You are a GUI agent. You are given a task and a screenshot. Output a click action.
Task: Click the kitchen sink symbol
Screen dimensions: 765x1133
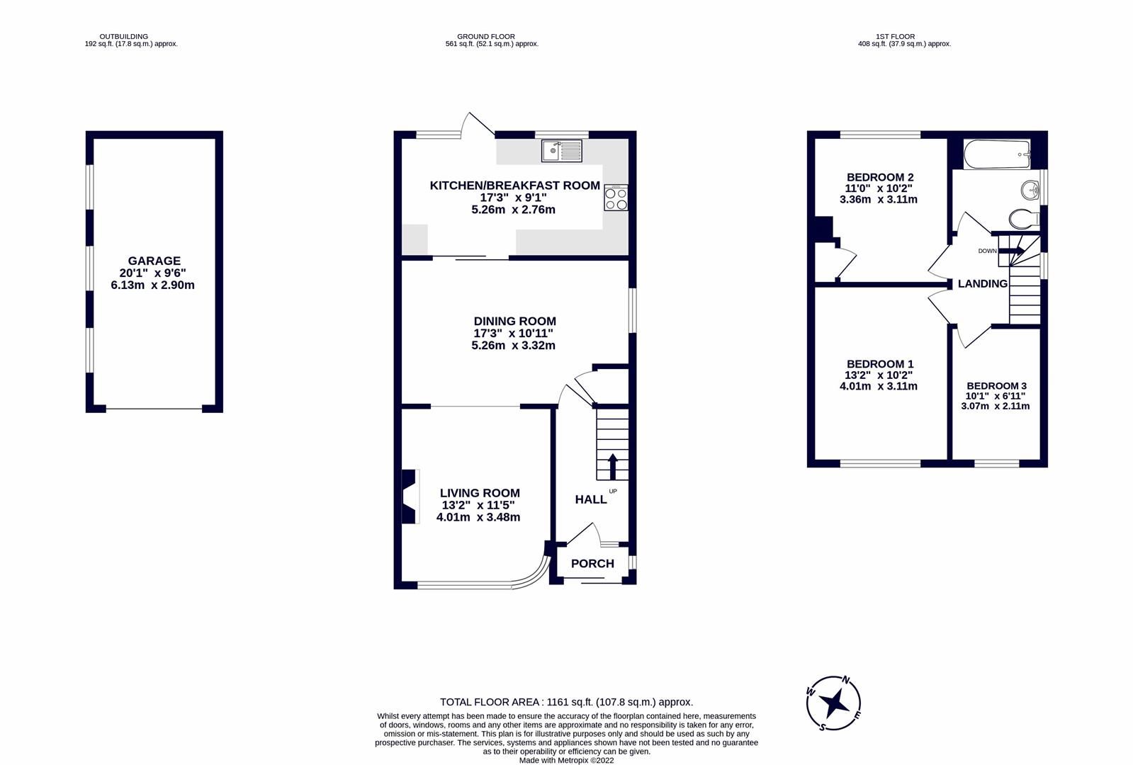561,150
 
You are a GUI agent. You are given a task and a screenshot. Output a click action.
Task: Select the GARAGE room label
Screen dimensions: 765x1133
154,261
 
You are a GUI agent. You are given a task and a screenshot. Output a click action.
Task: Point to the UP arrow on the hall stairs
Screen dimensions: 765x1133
612,467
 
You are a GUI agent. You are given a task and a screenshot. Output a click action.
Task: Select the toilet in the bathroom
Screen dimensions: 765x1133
1022,217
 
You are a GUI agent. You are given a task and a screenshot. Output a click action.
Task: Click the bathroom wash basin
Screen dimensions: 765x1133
1030,190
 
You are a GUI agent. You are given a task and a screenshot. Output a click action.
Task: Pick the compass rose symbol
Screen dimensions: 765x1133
835,703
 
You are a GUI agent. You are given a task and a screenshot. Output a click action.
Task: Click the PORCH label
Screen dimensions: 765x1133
592,564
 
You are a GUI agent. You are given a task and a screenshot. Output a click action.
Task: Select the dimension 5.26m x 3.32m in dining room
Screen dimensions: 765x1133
513,346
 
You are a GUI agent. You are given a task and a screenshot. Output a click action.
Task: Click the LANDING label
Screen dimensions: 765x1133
982,283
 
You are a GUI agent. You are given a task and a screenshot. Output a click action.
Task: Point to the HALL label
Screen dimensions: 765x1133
590,499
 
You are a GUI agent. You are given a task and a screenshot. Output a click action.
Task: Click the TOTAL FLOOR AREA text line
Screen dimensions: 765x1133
566,702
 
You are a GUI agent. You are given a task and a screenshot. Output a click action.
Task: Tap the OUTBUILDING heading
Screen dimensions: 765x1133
124,36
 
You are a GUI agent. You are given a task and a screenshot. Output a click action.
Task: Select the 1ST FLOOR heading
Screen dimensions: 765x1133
895,36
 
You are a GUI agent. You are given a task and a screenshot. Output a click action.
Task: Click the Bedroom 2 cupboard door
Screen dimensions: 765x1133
845,263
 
